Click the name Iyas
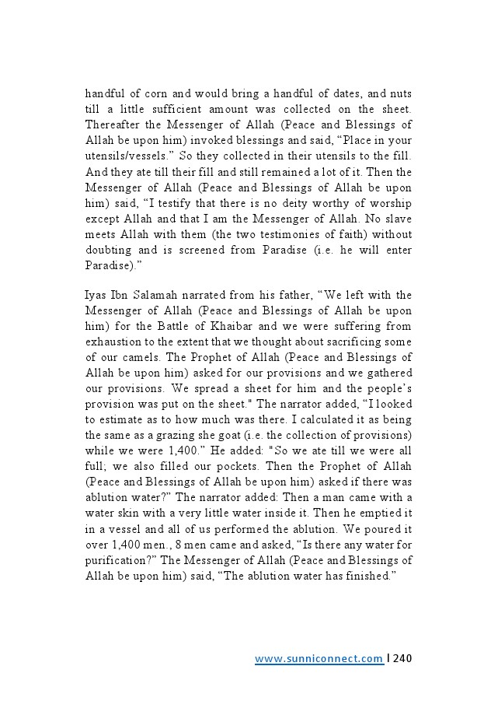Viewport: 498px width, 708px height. click(x=94, y=295)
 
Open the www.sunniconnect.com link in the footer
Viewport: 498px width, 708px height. click(x=319, y=659)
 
